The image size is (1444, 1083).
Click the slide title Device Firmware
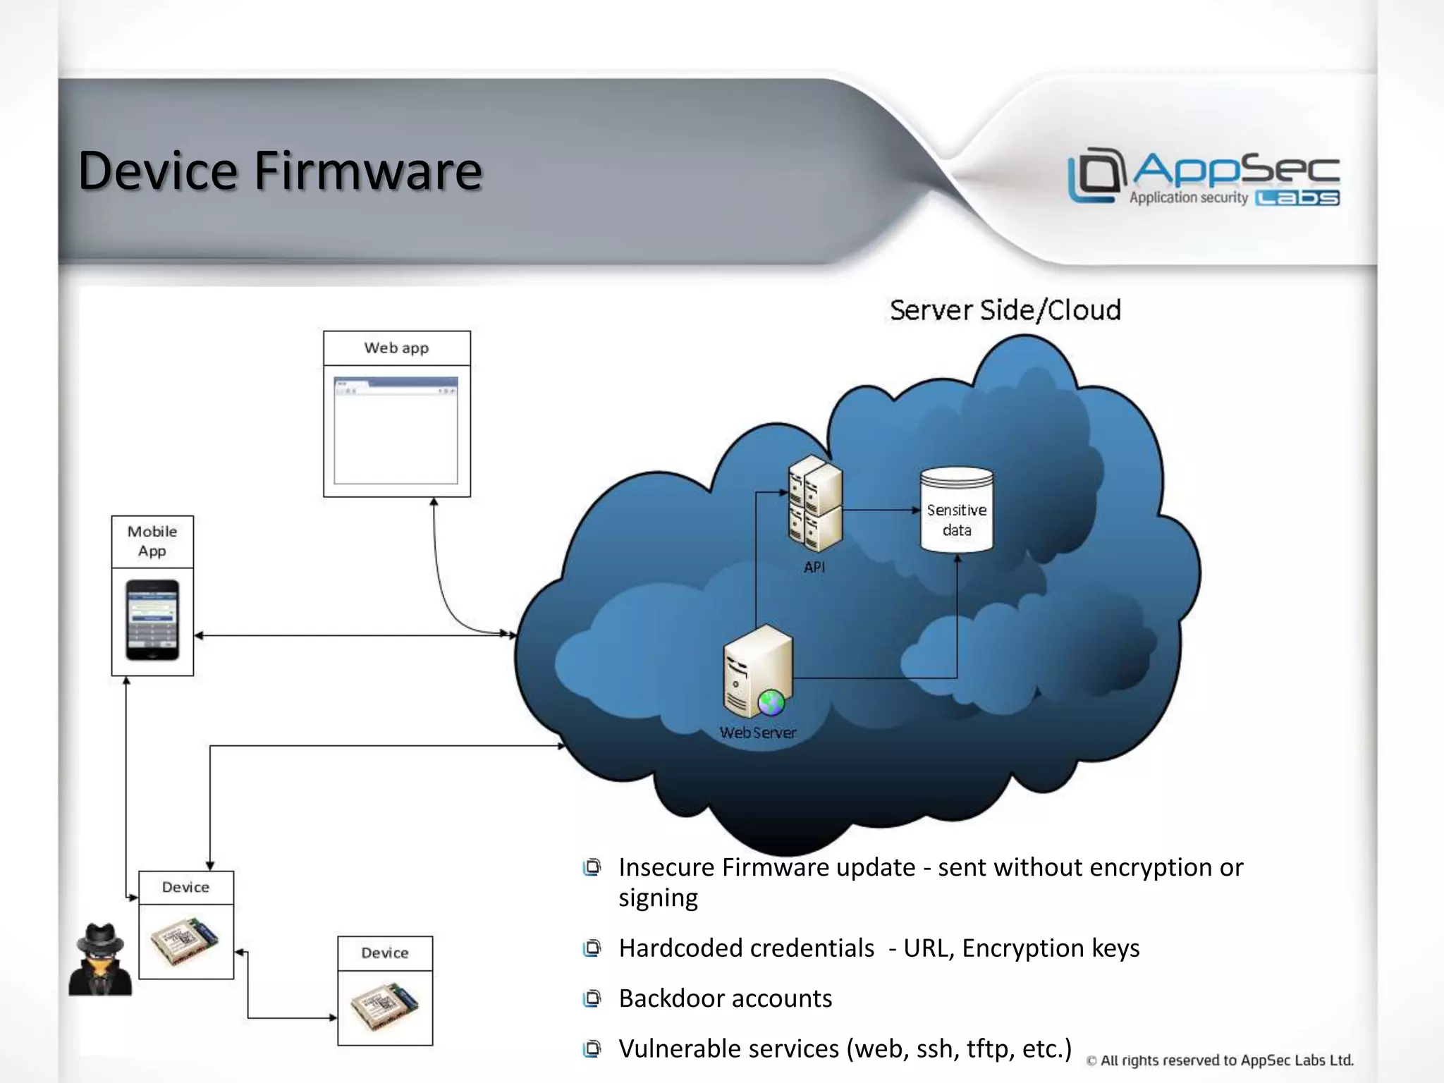point(280,171)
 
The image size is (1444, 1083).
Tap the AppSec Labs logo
point(1204,177)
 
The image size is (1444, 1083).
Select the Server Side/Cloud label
point(1005,310)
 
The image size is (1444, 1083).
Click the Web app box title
point(396,348)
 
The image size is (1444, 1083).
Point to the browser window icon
point(396,430)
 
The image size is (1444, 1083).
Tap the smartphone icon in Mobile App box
point(152,620)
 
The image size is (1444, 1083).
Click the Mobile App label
point(152,541)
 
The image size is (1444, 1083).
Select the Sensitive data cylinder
point(957,510)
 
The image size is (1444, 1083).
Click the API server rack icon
point(815,504)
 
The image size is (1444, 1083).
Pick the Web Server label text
point(758,733)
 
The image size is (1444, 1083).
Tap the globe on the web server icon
point(771,702)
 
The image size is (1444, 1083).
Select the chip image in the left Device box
point(185,941)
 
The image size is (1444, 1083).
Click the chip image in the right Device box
point(385,1007)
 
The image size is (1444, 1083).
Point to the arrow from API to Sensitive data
point(881,510)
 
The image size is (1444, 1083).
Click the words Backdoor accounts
point(725,998)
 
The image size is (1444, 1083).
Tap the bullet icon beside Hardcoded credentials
point(592,948)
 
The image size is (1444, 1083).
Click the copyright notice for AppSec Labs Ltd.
point(1220,1060)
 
